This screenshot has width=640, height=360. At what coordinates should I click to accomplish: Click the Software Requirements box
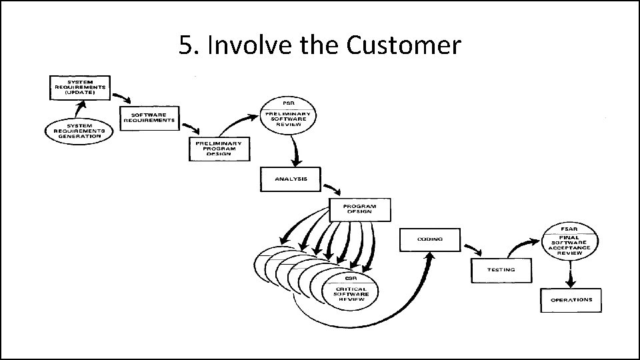point(149,117)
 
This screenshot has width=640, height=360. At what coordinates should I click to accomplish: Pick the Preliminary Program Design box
point(219,149)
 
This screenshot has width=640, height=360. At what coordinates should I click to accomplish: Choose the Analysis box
point(289,179)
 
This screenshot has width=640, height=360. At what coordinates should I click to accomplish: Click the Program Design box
point(360,209)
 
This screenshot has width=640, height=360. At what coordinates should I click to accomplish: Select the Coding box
point(431,239)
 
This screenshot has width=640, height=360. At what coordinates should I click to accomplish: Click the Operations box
point(571,300)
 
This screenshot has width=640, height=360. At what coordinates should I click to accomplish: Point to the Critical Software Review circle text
point(351,294)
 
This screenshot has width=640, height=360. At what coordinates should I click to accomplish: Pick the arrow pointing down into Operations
point(569,276)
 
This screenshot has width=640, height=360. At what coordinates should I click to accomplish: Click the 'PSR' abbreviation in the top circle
point(289,103)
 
